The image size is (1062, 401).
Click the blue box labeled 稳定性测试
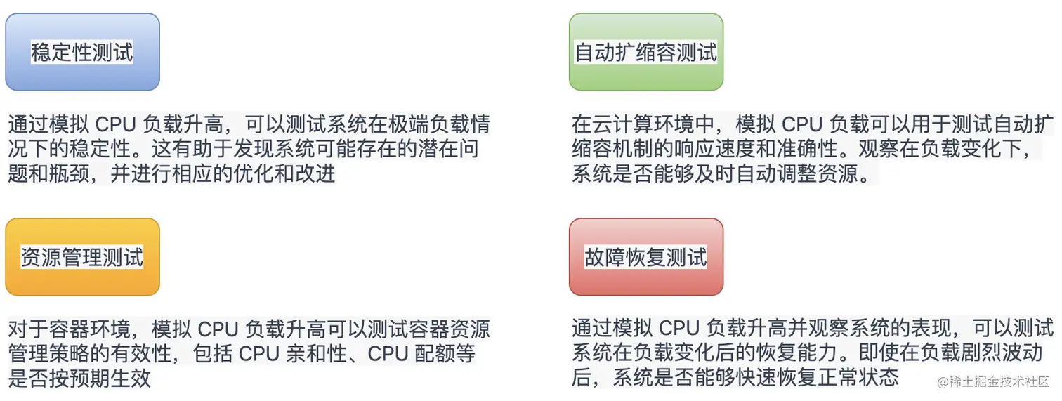(x=82, y=52)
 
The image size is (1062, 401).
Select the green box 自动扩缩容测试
(x=645, y=52)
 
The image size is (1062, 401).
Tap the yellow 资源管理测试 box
(x=82, y=257)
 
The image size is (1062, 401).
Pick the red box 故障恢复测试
(x=645, y=257)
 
